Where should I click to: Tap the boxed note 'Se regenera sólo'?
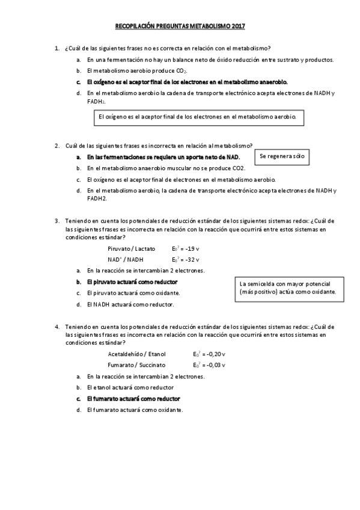pos(281,158)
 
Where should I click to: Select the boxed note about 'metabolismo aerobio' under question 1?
pos(200,117)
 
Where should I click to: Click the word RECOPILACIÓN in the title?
pos(138,26)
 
